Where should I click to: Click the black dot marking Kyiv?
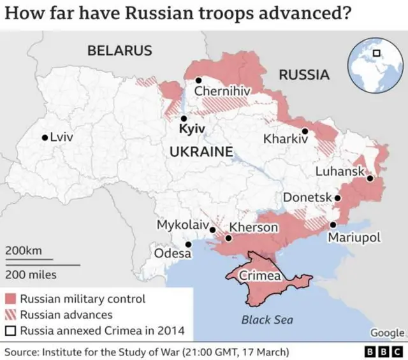[x=184, y=118]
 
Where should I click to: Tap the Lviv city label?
[x=61, y=137]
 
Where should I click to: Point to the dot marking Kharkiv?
[x=305, y=131]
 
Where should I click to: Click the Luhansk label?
[x=340, y=171]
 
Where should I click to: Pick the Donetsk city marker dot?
[x=338, y=198]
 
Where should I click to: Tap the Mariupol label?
[x=354, y=238]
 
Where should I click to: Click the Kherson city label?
[x=254, y=227]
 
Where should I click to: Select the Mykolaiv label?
[x=183, y=225]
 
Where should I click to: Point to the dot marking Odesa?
[x=188, y=244]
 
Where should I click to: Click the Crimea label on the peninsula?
[x=259, y=276]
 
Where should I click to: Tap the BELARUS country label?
[x=120, y=50]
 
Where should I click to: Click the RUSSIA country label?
[x=304, y=75]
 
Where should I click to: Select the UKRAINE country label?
[x=201, y=152]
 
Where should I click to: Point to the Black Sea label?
[x=267, y=320]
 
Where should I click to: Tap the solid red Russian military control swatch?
[x=10, y=299]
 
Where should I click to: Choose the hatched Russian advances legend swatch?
[x=10, y=315]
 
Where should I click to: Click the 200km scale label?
[x=24, y=251]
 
